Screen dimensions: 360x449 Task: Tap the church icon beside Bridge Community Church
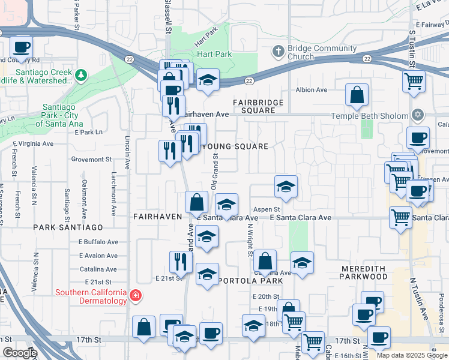pyautogui.click(x=277, y=52)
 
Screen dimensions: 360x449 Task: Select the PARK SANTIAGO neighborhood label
pyautogui.click(x=68, y=227)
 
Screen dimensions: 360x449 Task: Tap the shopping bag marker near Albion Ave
pyautogui.click(x=357, y=95)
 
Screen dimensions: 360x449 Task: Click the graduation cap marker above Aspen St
pyautogui.click(x=286, y=187)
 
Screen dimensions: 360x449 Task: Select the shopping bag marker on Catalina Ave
pyautogui.click(x=264, y=262)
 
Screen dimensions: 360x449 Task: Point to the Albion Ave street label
pyautogui.click(x=311, y=90)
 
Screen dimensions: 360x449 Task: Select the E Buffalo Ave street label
pyautogui.click(x=98, y=242)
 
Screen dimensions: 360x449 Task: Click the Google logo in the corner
pyautogui.click(x=20, y=353)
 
